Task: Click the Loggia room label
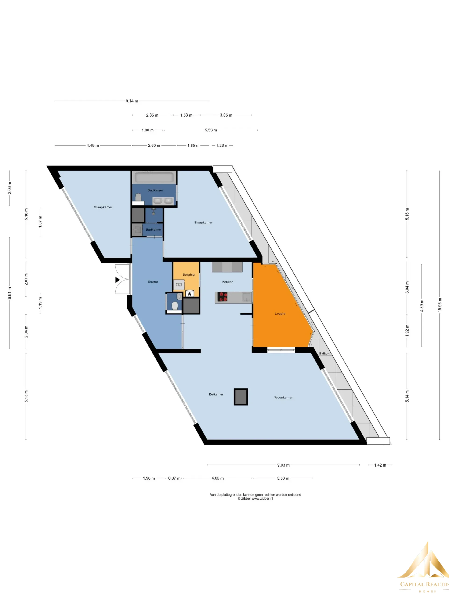pos(280,314)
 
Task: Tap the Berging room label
pos(188,275)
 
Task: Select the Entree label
pos(153,282)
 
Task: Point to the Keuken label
pos(228,282)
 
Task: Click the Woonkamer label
pos(283,398)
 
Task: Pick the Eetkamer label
pos(216,394)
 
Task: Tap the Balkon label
pos(324,353)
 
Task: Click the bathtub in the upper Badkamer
pos(154,177)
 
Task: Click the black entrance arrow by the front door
pos(117,280)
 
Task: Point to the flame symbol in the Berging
pos(190,294)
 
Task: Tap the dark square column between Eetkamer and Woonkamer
pos(241,397)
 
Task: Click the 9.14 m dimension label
pos(132,101)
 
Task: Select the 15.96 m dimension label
pos(440,305)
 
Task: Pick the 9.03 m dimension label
pos(283,465)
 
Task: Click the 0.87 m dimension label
pos(174,478)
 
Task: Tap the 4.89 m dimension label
pos(422,306)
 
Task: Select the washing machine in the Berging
pos(179,285)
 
